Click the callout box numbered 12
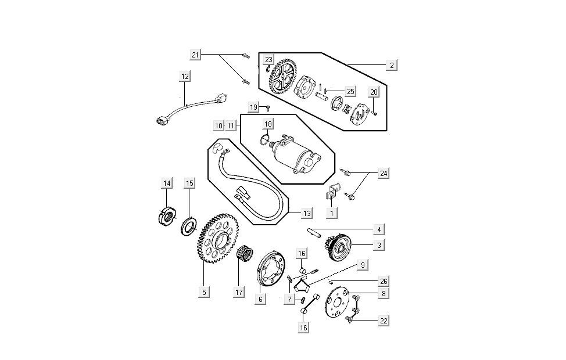[185, 76]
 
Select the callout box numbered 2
[392, 65]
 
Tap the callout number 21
[195, 55]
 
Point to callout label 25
[350, 91]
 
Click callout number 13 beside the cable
[306, 213]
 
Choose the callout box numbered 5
[204, 292]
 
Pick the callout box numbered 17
[239, 292]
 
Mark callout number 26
[384, 282]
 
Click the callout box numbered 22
[383, 320]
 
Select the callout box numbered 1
[332, 213]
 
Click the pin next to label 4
[316, 233]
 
